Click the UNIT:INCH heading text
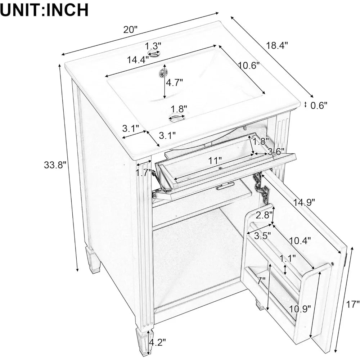coord(44,10)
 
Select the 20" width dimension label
coord(131,30)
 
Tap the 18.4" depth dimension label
coord(277,46)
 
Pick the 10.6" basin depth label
coord(249,66)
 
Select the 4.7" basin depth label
coord(174,82)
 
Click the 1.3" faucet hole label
coord(153,46)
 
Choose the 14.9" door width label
coord(305,202)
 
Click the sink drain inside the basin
coord(161,73)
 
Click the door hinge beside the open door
coord(261,185)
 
